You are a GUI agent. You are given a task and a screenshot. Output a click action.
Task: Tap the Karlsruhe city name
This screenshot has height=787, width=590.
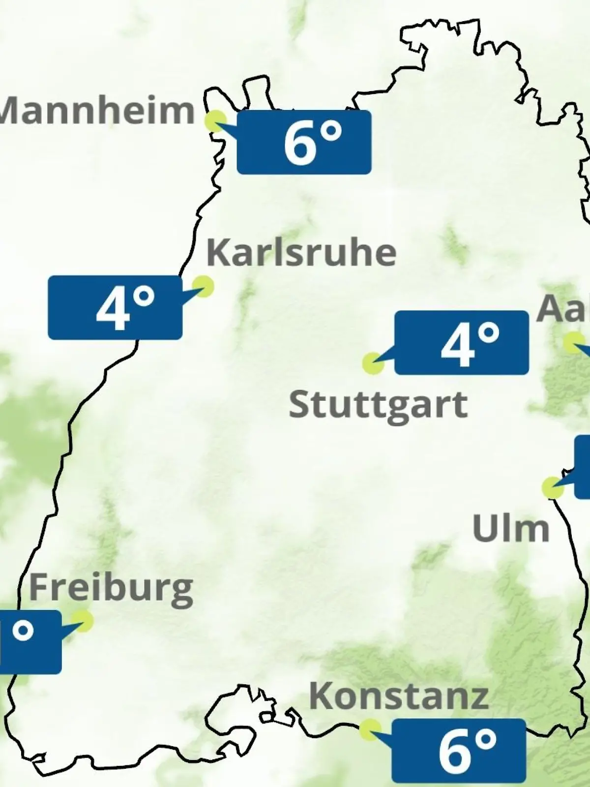coord(301,253)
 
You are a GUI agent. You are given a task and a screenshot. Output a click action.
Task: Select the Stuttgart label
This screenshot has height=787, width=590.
coord(378,405)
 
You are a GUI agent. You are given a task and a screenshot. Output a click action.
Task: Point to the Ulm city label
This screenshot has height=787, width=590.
coord(510,529)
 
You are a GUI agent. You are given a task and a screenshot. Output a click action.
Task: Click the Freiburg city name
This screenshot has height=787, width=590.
coord(111,589)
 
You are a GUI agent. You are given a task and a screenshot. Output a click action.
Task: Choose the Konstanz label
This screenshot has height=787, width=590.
coord(399,697)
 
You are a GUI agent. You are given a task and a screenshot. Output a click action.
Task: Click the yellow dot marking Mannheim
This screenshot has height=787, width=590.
coord(215,121)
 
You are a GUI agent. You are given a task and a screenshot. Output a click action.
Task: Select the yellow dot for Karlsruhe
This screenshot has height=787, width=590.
coord(203,285)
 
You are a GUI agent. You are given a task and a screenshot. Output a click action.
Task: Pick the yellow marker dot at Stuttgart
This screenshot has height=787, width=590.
coord(372,363)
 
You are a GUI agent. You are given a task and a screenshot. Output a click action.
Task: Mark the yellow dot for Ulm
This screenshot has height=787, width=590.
coord(552,487)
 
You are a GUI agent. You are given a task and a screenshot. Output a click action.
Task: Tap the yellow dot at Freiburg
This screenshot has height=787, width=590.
coord(82,621)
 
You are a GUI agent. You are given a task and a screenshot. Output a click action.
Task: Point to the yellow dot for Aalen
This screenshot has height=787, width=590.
coord(573,342)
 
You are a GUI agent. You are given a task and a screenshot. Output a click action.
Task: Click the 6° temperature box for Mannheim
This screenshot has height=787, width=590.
coord(304,142)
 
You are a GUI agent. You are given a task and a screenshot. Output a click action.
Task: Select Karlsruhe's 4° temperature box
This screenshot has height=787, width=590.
coord(115,307)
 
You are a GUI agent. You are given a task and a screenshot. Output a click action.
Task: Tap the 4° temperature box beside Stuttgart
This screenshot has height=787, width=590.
coord(461,342)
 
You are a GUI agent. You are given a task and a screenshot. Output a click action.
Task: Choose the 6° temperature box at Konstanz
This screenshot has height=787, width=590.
coord(458,750)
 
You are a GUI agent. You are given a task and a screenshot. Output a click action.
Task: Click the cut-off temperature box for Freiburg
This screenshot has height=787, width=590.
coord(29,642)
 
